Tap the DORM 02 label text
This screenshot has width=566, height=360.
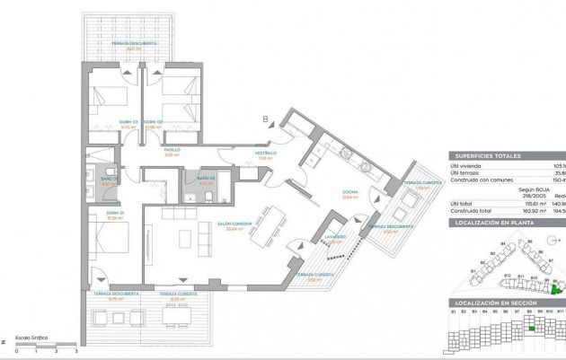click(177, 121)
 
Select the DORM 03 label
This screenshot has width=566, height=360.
click(128, 121)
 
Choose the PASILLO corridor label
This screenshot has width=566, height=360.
click(172, 150)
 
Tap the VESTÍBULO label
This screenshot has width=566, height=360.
click(264, 154)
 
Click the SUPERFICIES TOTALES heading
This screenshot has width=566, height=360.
click(488, 155)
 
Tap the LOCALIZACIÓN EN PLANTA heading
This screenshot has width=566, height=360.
click(493, 219)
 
